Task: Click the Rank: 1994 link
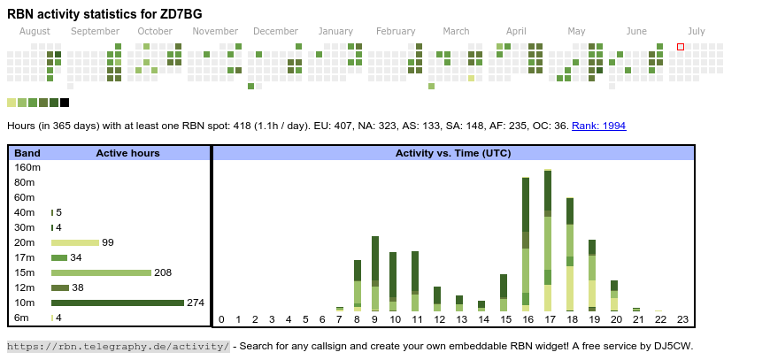(598, 126)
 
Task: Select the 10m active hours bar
(117, 303)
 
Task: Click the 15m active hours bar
(101, 272)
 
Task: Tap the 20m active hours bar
(75, 242)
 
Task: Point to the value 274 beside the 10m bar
(196, 303)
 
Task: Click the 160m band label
(27, 167)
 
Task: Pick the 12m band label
(24, 287)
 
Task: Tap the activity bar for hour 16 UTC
(527, 243)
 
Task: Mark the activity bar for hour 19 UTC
(592, 274)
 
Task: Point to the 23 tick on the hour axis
(682, 320)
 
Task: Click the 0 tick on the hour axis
(221, 320)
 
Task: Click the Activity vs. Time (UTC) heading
(452, 153)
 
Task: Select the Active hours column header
(127, 153)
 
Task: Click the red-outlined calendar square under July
(681, 47)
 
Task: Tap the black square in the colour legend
(65, 103)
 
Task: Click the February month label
(396, 31)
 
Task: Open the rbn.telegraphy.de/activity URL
(118, 346)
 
